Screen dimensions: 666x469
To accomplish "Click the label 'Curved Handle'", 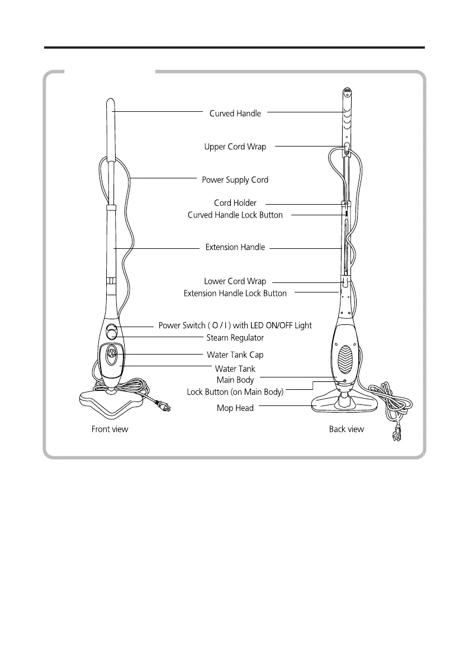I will pos(235,114).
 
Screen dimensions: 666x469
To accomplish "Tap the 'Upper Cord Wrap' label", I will pos(235,147).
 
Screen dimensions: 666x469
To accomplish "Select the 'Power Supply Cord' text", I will pos(235,180).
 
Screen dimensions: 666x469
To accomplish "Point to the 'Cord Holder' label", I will pos(235,203).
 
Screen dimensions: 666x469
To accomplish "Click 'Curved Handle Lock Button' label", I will pos(235,215).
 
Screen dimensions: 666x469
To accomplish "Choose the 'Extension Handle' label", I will pos(235,247).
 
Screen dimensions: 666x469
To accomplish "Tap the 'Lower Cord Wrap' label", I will pos(235,281).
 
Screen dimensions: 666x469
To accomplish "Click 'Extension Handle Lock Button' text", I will pos(235,294).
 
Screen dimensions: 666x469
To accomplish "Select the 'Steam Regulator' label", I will pos(235,338).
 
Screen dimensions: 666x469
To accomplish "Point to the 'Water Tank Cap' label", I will pos(235,355).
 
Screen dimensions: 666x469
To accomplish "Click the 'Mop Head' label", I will pos(235,408).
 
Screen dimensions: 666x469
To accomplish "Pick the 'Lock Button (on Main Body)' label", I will pos(235,392).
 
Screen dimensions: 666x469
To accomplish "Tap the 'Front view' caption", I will pos(110,429).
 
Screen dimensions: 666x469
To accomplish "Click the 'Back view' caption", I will pos(346,429).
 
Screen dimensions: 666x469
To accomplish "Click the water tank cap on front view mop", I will pos(112,353).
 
